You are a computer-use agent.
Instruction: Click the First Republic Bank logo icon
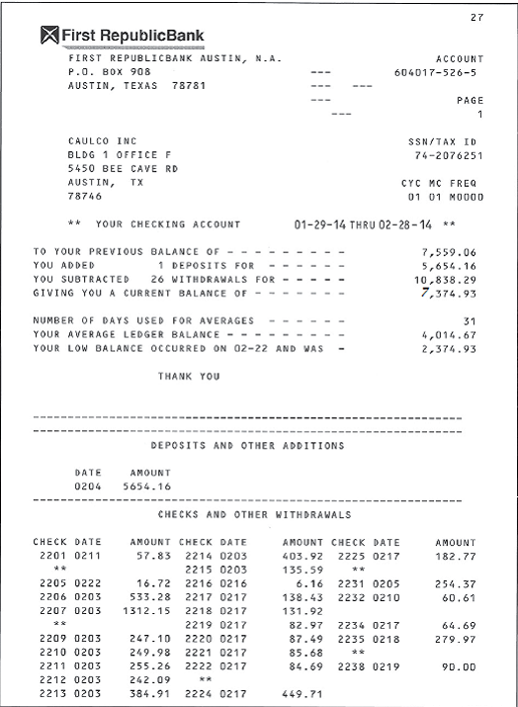49,38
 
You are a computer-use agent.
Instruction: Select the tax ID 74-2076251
445,155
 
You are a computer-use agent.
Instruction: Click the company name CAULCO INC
103,141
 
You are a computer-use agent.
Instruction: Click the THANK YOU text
189,377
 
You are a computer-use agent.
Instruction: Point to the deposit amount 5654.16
146,486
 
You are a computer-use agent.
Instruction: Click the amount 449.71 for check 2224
303,694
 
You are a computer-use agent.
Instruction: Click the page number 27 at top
476,19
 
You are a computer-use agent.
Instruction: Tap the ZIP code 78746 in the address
85,197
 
